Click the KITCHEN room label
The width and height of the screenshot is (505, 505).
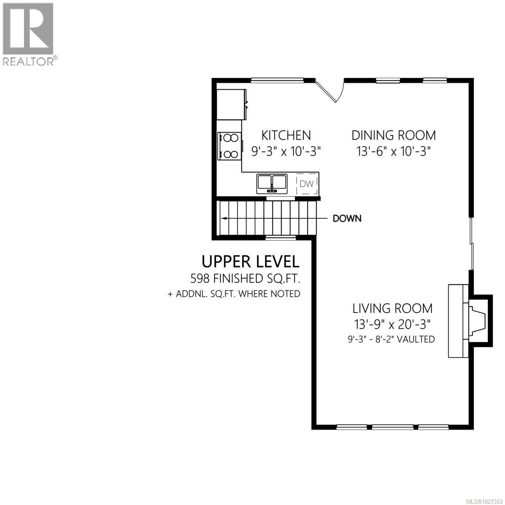[286, 135]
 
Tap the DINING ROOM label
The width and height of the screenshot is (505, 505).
[393, 135]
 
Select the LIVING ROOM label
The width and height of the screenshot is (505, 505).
[392, 308]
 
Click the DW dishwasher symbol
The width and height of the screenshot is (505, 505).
[306, 184]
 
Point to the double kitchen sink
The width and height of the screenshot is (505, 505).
[272, 183]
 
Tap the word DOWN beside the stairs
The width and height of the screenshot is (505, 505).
[347, 218]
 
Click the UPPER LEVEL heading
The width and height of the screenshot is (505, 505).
[250, 261]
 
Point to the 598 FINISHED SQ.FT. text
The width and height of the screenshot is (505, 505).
[247, 278]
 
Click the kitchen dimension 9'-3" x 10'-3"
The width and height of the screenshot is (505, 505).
[286, 151]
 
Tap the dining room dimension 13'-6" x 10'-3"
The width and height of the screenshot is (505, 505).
[393, 151]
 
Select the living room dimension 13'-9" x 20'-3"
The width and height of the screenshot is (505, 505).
[392, 324]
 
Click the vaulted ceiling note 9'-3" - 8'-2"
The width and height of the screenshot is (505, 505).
[391, 339]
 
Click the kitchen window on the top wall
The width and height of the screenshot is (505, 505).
[277, 80]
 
